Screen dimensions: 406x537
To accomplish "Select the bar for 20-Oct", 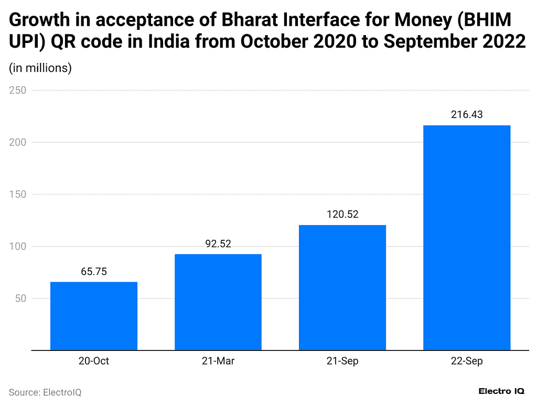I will click(x=94, y=316).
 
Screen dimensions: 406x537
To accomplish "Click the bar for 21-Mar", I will click(x=218, y=302).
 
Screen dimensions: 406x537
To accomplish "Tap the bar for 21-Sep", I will click(x=342, y=287).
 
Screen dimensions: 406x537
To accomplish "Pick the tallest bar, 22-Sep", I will click(x=467, y=238).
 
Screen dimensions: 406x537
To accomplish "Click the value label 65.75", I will click(x=94, y=272).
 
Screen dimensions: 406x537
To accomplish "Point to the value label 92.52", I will click(x=218, y=244).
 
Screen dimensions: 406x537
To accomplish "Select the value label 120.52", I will click(x=342, y=215).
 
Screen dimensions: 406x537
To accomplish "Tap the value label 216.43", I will click(x=467, y=115).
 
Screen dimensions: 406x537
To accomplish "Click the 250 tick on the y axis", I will click(x=18, y=90).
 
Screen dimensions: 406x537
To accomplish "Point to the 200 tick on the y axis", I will click(x=18, y=142).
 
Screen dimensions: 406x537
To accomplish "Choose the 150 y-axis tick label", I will click(x=18, y=195).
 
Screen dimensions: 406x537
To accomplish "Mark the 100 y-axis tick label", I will click(x=18, y=247).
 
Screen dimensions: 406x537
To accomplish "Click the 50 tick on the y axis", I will click(x=20, y=298).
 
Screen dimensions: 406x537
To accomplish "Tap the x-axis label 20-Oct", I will click(x=94, y=361).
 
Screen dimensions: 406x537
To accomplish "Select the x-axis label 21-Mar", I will click(x=218, y=361).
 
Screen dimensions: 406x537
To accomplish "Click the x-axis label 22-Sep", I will click(x=467, y=361).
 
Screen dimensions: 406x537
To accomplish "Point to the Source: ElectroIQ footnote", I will click(x=45, y=392).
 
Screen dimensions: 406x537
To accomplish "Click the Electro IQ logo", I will click(x=501, y=391).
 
